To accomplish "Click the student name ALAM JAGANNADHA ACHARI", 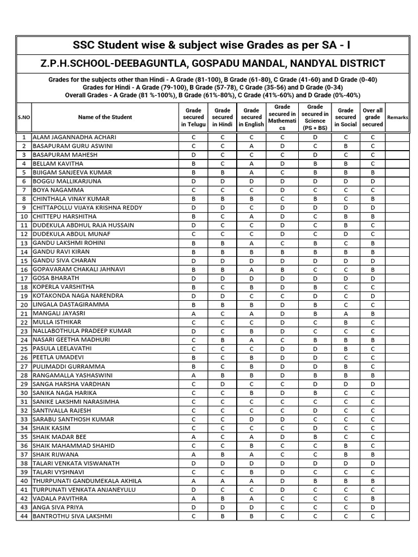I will tap(75, 138).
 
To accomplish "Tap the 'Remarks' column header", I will tap(397, 117).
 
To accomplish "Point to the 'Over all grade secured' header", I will tap(373, 117).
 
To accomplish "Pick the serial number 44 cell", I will tap(24, 516).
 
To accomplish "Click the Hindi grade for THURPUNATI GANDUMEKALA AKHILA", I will tap(222, 481).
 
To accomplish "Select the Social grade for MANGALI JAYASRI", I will tap(346, 313).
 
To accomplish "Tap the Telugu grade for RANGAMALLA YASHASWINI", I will tap(193, 375).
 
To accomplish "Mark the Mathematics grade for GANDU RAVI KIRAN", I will tap(282, 252).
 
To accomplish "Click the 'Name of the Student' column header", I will tap(105, 117).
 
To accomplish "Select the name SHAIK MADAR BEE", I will tap(59, 437).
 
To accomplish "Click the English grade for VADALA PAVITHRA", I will tap(251, 499).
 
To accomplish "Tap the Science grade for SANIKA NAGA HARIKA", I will tap(315, 393).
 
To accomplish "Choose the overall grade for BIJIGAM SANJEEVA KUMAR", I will tap(373, 172).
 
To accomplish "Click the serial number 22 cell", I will tap(24, 322).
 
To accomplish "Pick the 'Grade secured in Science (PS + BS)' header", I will tap(315, 117).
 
